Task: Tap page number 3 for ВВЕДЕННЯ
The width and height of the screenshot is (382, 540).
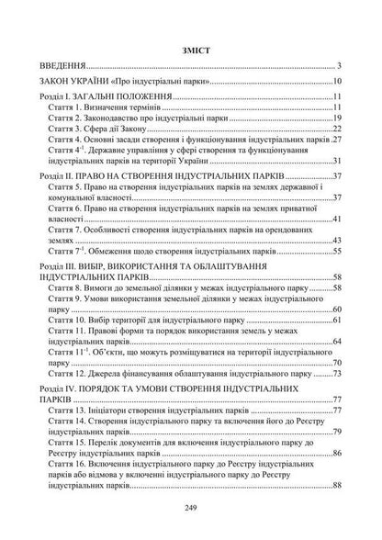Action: (339, 66)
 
